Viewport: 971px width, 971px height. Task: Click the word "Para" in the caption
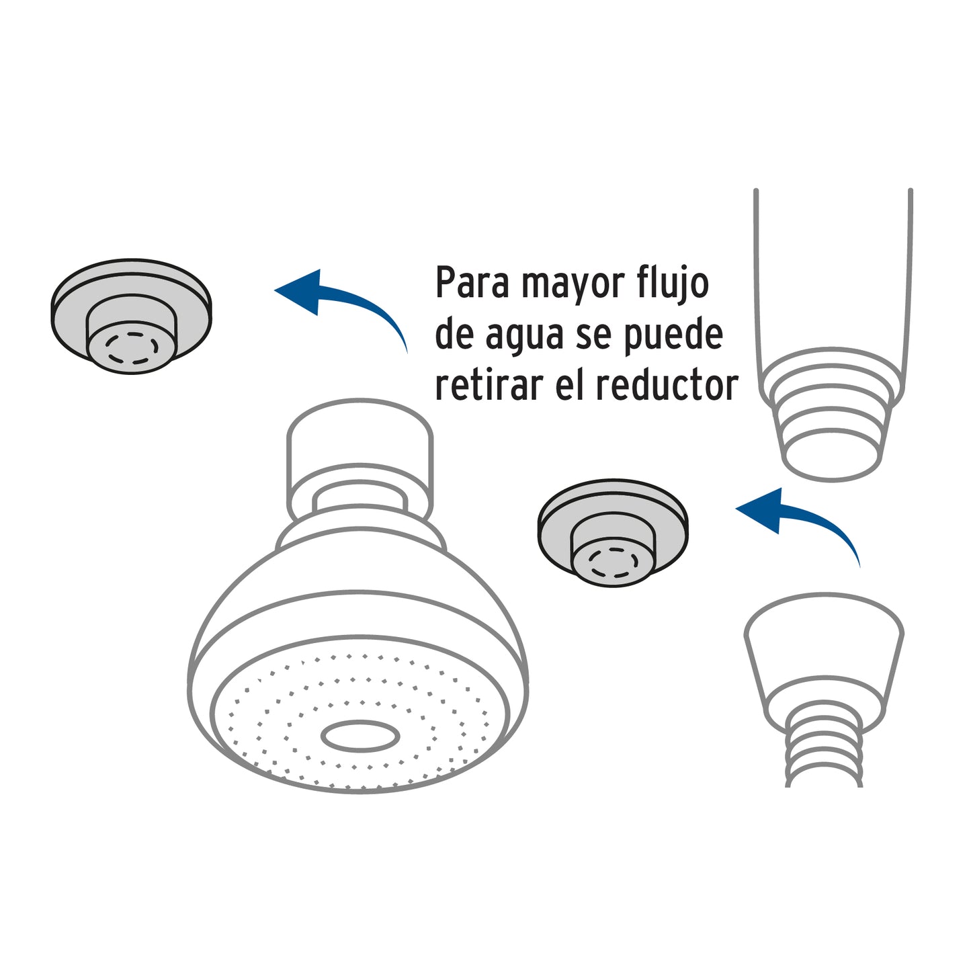(x=472, y=283)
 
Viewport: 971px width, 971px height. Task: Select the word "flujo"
(x=672, y=284)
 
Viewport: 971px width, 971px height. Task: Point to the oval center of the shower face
(x=360, y=736)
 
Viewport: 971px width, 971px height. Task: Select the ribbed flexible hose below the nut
(x=824, y=753)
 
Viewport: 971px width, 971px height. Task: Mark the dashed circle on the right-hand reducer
(x=612, y=562)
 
